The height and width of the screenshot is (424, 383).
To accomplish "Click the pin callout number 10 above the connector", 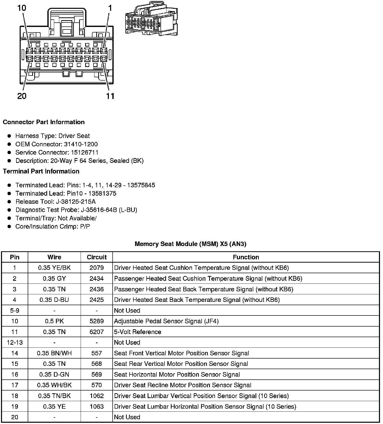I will click(x=22, y=8).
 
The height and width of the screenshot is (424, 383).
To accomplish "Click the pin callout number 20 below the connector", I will click(x=22, y=96).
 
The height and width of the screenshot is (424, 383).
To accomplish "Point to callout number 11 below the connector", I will click(x=110, y=96).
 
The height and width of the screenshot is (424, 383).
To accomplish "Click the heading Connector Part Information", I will click(x=44, y=122).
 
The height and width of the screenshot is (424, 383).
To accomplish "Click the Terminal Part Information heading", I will click(x=41, y=171).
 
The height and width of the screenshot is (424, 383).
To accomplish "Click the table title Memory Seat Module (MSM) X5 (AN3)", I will click(x=190, y=244).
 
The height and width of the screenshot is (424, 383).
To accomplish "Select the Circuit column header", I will click(x=97, y=257).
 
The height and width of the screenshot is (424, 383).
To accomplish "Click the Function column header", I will click(x=246, y=257).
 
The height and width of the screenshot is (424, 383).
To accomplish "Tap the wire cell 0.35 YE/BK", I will click(x=54, y=268).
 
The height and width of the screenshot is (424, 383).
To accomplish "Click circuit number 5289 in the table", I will click(x=97, y=321).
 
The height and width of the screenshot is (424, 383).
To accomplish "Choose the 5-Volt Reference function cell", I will click(x=138, y=332).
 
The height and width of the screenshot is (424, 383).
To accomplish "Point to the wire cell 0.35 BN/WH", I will click(x=54, y=353).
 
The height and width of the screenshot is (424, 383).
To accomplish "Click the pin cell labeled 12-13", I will click(x=15, y=342).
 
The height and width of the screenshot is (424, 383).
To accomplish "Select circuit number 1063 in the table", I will click(x=97, y=407).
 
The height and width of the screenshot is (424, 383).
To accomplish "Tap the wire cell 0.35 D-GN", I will click(x=54, y=375).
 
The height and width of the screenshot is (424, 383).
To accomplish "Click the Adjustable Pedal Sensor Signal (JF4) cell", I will click(x=166, y=321).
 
